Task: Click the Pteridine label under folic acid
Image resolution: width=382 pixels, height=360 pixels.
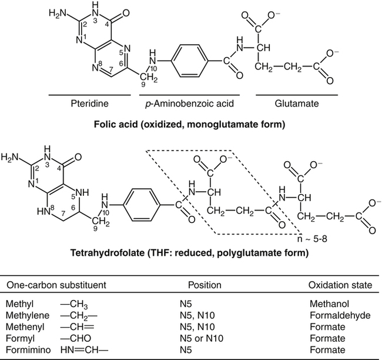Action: (88, 103)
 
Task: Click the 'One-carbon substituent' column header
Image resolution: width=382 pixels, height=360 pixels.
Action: (56, 285)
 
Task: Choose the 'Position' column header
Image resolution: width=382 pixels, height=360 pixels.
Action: (205, 285)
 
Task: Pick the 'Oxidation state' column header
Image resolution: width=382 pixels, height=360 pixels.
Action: (340, 285)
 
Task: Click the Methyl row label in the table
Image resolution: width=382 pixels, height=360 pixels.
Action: (18, 305)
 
